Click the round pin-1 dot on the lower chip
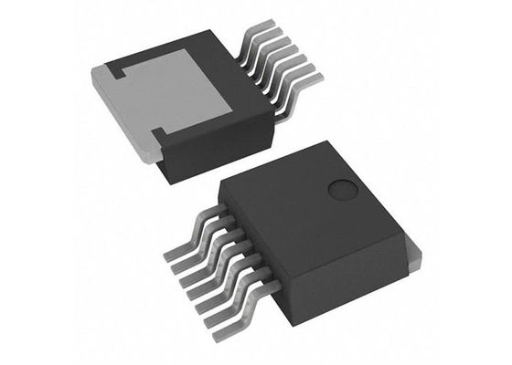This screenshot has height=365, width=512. click(343, 190)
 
